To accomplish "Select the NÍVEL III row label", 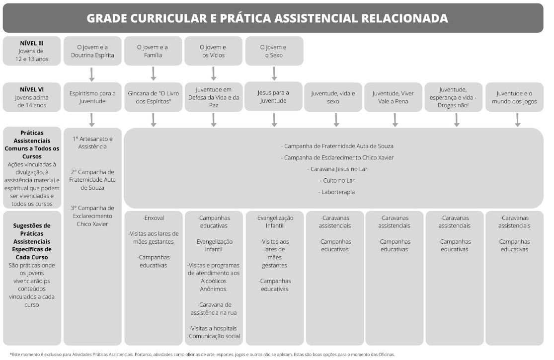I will click(x=32, y=43).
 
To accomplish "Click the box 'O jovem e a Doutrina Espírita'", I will click(x=92, y=51).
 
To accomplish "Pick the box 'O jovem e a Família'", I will click(x=153, y=51).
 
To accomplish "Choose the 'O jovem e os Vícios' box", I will click(x=213, y=51).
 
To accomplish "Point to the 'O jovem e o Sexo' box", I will click(x=274, y=51).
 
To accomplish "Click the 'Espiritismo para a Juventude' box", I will click(x=92, y=97).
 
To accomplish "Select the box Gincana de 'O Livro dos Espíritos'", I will click(x=153, y=97).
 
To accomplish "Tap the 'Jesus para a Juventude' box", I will click(x=274, y=96).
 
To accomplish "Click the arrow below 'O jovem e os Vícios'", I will click(x=214, y=73).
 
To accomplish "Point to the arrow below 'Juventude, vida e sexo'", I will click(x=336, y=120).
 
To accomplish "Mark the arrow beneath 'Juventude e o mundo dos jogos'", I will click(x=517, y=120).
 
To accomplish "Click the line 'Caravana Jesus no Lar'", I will click(x=337, y=169).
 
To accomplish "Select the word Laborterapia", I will click(x=337, y=192).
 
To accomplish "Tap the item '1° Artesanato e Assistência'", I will click(x=92, y=143).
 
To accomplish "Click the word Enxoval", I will click(x=154, y=218).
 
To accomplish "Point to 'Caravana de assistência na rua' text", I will click(x=214, y=308).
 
